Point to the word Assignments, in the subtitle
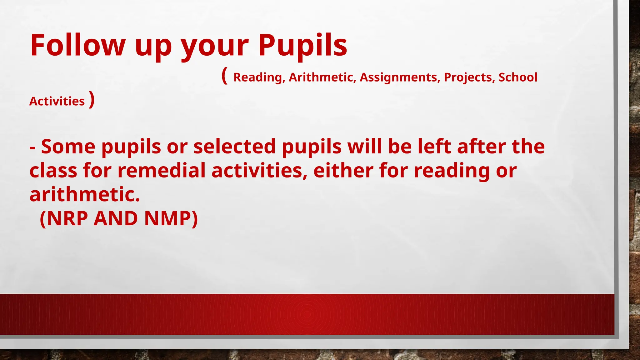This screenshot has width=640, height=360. click(x=400, y=77)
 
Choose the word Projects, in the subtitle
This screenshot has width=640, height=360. click(x=469, y=77)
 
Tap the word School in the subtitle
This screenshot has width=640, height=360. click(x=518, y=77)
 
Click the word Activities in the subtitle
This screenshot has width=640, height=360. click(x=57, y=101)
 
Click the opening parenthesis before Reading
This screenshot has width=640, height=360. click(x=224, y=76)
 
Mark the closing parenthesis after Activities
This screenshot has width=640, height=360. click(x=92, y=100)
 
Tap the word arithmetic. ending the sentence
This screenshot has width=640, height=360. click(x=85, y=194)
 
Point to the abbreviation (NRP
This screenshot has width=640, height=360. click(x=64, y=218)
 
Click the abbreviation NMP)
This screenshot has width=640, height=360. click(x=171, y=218)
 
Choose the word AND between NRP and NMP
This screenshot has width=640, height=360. click(x=116, y=218)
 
